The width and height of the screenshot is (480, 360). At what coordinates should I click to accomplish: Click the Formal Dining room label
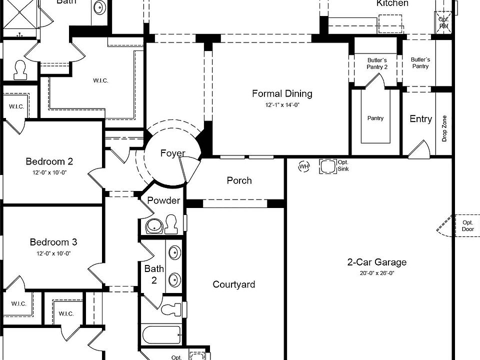(282, 93)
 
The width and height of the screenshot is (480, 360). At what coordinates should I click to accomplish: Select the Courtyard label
(233, 284)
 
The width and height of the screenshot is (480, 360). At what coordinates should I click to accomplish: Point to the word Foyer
(172, 153)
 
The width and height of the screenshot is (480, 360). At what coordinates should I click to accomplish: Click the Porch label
(239, 180)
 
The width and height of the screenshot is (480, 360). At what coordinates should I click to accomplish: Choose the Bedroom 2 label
(49, 161)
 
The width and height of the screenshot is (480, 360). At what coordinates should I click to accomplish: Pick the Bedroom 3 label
(53, 242)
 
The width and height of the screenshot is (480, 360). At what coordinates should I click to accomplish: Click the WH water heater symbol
(304, 166)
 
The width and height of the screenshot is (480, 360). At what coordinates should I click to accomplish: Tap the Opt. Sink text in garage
(343, 165)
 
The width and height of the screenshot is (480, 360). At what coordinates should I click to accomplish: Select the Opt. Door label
(467, 226)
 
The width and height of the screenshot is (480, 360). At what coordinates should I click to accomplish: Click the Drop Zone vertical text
(444, 128)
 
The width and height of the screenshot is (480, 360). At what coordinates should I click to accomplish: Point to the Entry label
(420, 119)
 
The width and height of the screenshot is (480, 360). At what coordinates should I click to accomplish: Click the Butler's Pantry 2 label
(377, 63)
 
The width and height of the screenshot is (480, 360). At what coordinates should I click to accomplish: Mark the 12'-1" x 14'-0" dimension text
(282, 105)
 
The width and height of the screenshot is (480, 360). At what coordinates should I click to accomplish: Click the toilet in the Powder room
(171, 224)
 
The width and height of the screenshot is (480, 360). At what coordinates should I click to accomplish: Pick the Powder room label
(163, 200)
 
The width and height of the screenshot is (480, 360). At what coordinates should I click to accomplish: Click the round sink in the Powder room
(154, 227)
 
